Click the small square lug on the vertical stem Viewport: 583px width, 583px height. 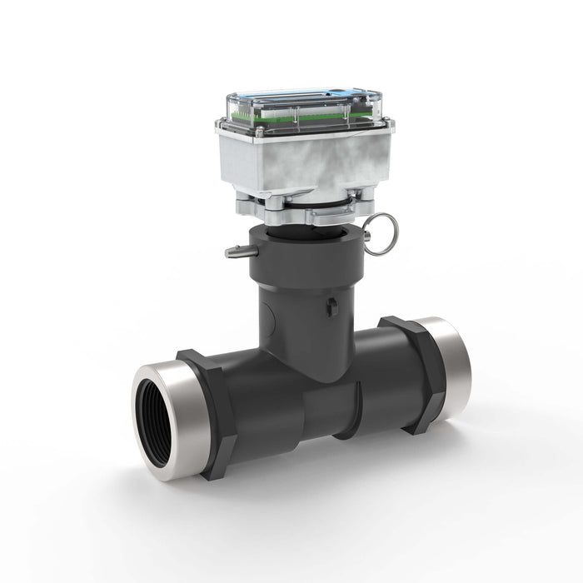point(332,306)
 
